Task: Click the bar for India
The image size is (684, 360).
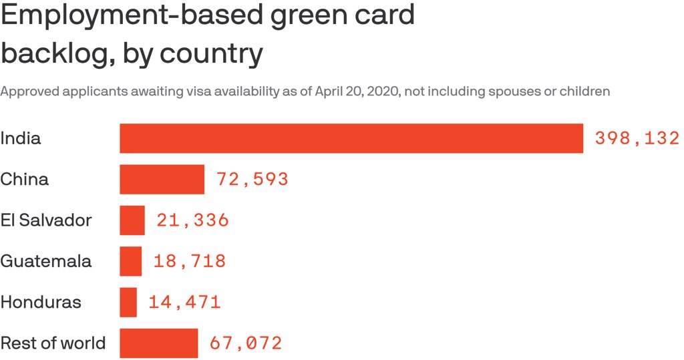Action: point(351,138)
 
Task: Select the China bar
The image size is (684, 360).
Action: point(162,179)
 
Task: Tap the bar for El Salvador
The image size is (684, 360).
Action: point(132,220)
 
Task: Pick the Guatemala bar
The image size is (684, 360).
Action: point(131,261)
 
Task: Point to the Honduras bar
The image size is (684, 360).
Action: point(128,302)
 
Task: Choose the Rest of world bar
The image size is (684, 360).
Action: point(159,343)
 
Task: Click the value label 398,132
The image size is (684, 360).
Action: point(637,138)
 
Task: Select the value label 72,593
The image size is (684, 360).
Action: point(252,179)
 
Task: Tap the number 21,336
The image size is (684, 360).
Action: point(193,220)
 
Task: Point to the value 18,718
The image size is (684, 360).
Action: point(190,261)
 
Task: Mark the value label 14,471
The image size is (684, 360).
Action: point(184,302)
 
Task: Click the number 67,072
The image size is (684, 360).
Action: point(246,343)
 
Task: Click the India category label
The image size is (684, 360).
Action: point(21,138)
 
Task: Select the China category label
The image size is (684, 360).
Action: point(25,179)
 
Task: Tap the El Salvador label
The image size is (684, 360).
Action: point(46,220)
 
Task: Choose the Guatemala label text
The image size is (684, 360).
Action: point(46,261)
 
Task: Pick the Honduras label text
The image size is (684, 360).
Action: point(41,302)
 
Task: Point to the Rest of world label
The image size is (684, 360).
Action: point(53,343)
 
